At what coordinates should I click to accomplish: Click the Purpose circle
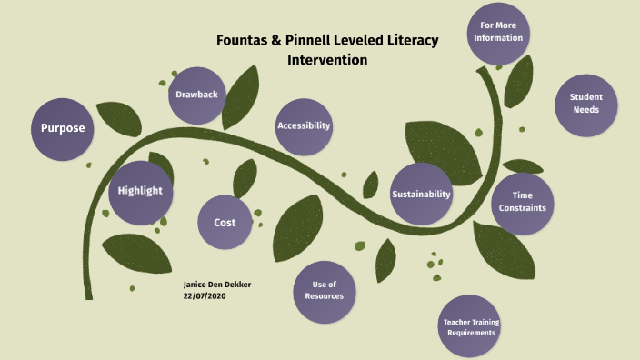[x=63, y=128]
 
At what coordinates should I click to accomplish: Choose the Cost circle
[x=225, y=223]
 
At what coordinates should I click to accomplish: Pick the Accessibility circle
[x=304, y=125]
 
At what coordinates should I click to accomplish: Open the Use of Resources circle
[x=325, y=291]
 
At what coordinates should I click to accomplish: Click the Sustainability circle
[x=421, y=195]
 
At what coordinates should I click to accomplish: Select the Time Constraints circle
[x=522, y=202]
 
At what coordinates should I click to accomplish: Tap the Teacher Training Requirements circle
[x=471, y=327]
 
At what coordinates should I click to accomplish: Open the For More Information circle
[x=497, y=33]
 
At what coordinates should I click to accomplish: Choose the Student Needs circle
[x=585, y=104]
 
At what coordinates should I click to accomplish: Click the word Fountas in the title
[x=243, y=41]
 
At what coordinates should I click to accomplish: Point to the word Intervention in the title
[x=327, y=60]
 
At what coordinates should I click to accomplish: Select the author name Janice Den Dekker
[x=217, y=285]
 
